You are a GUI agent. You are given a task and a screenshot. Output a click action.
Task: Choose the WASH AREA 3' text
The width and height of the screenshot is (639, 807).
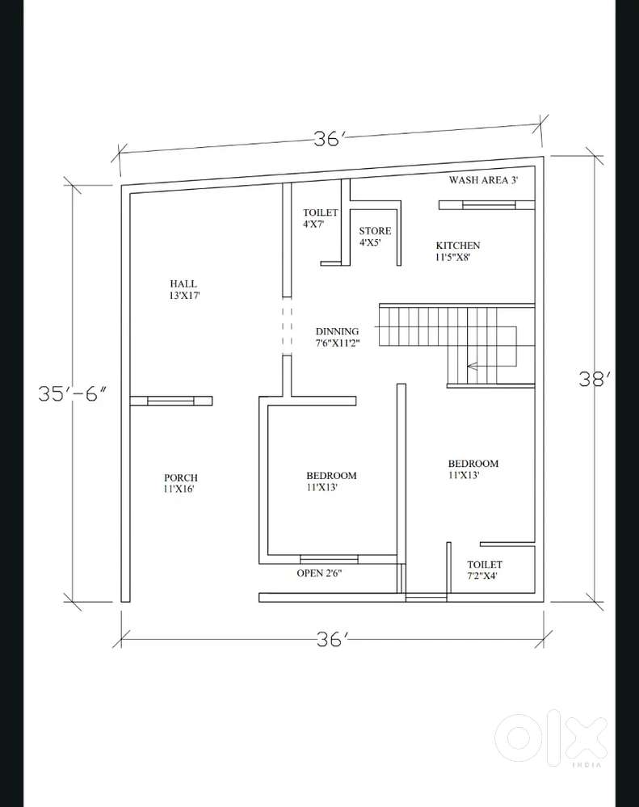[x=483, y=179]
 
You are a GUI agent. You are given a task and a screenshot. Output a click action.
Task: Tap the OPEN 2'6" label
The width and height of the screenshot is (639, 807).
[x=319, y=573]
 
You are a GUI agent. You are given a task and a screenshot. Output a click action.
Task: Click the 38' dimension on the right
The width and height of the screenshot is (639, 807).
[x=595, y=380]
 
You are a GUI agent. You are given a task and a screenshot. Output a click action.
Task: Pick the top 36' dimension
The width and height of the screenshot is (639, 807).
[x=327, y=138]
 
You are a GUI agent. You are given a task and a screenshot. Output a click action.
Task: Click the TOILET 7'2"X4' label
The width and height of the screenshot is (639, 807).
[x=484, y=570]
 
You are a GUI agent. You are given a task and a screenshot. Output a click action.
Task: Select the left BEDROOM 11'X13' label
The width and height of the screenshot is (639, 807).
[x=331, y=481]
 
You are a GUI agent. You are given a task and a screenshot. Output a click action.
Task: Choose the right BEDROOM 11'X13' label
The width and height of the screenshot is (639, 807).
[x=473, y=469]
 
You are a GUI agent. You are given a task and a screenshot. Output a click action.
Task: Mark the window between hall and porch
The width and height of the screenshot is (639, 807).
[x=170, y=401]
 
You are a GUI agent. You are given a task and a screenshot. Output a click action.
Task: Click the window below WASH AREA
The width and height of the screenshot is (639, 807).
[x=488, y=205]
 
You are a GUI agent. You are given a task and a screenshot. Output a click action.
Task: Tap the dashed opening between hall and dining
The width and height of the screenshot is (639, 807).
[x=287, y=326]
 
